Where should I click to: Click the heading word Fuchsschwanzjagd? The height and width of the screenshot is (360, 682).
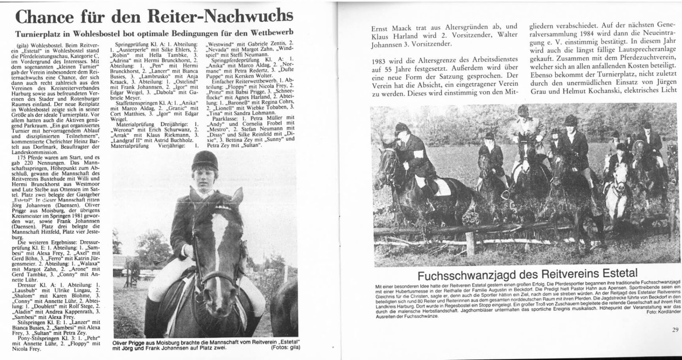point(465,275)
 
